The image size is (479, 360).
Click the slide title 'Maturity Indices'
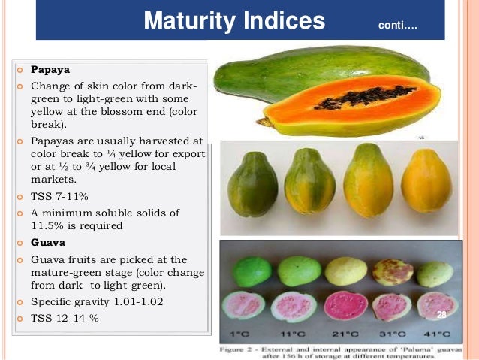tap(234, 21)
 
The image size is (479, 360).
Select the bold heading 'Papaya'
tap(50, 70)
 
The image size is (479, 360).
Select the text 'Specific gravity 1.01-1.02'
tap(97, 301)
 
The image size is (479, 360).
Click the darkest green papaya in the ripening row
tap(252, 184)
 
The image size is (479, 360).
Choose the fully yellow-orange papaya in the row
tap(426, 182)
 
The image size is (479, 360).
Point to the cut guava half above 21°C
tap(345, 305)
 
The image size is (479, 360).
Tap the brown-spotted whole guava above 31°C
tap(393, 272)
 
